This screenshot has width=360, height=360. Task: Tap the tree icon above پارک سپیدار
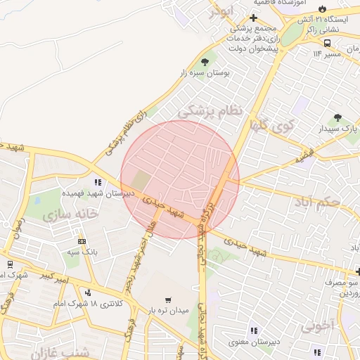[338, 117]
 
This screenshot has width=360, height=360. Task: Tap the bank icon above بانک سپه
[82, 239]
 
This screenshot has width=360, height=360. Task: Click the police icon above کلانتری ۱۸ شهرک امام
[88, 292]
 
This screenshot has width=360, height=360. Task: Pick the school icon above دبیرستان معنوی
[253, 330]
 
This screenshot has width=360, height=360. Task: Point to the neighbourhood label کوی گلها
[268, 127]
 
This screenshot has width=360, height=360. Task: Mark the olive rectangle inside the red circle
[141, 180]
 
